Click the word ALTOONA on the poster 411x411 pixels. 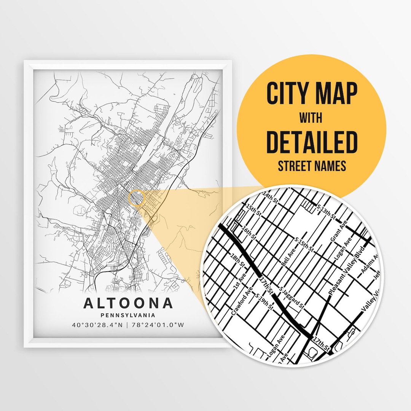(128, 303)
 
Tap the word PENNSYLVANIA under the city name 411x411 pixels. (128, 315)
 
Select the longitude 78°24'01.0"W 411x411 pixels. (158, 325)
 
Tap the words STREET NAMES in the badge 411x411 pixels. (312, 166)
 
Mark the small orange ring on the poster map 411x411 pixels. (137, 198)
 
